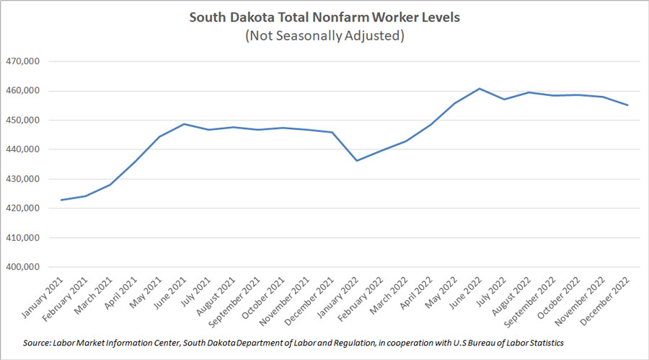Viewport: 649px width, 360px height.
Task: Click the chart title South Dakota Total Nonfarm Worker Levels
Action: pyautogui.click(x=324, y=17)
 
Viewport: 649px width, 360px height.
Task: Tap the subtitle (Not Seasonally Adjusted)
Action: pyautogui.click(x=324, y=35)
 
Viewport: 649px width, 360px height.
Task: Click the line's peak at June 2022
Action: pyautogui.click(x=480, y=89)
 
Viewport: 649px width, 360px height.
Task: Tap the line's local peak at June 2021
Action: pyautogui.click(x=184, y=124)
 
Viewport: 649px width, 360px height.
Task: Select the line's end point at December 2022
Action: pyautogui.click(x=627, y=105)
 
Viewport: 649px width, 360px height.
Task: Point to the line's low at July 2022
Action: pyautogui.click(x=505, y=100)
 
